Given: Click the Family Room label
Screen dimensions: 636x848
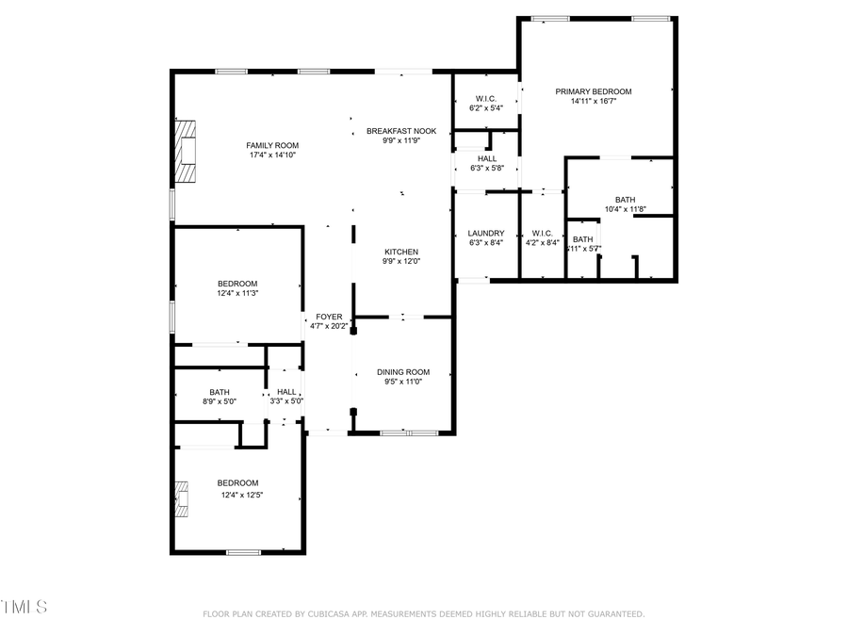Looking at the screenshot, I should (272, 145).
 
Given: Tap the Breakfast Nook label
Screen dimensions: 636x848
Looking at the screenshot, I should (401, 131).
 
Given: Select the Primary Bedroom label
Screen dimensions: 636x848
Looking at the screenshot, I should (593, 91).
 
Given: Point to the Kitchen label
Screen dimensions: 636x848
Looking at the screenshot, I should (400, 252).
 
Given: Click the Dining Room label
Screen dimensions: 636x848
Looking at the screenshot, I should (403, 372).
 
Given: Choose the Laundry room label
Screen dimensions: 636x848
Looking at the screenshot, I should (486, 234).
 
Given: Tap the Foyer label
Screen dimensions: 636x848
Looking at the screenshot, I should (329, 317).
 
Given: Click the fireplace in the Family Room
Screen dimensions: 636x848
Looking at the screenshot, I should (188, 151).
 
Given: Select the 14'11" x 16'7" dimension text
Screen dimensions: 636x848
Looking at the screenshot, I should (593, 102).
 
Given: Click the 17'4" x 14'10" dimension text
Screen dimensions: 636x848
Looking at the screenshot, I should (272, 155).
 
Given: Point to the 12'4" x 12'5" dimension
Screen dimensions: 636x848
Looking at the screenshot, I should (242, 494).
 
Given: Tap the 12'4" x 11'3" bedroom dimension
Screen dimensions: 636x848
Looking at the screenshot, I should (237, 293).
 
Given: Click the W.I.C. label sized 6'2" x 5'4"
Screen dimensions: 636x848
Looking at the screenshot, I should (486, 98).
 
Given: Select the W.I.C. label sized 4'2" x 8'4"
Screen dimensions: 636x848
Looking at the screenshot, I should (541, 233).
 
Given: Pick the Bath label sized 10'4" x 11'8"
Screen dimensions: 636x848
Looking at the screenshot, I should (625, 199).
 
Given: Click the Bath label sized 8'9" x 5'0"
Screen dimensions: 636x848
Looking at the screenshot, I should (220, 392).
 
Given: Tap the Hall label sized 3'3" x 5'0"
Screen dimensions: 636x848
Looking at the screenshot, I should (286, 392).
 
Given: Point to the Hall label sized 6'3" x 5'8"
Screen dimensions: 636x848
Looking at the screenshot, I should (486, 158).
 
